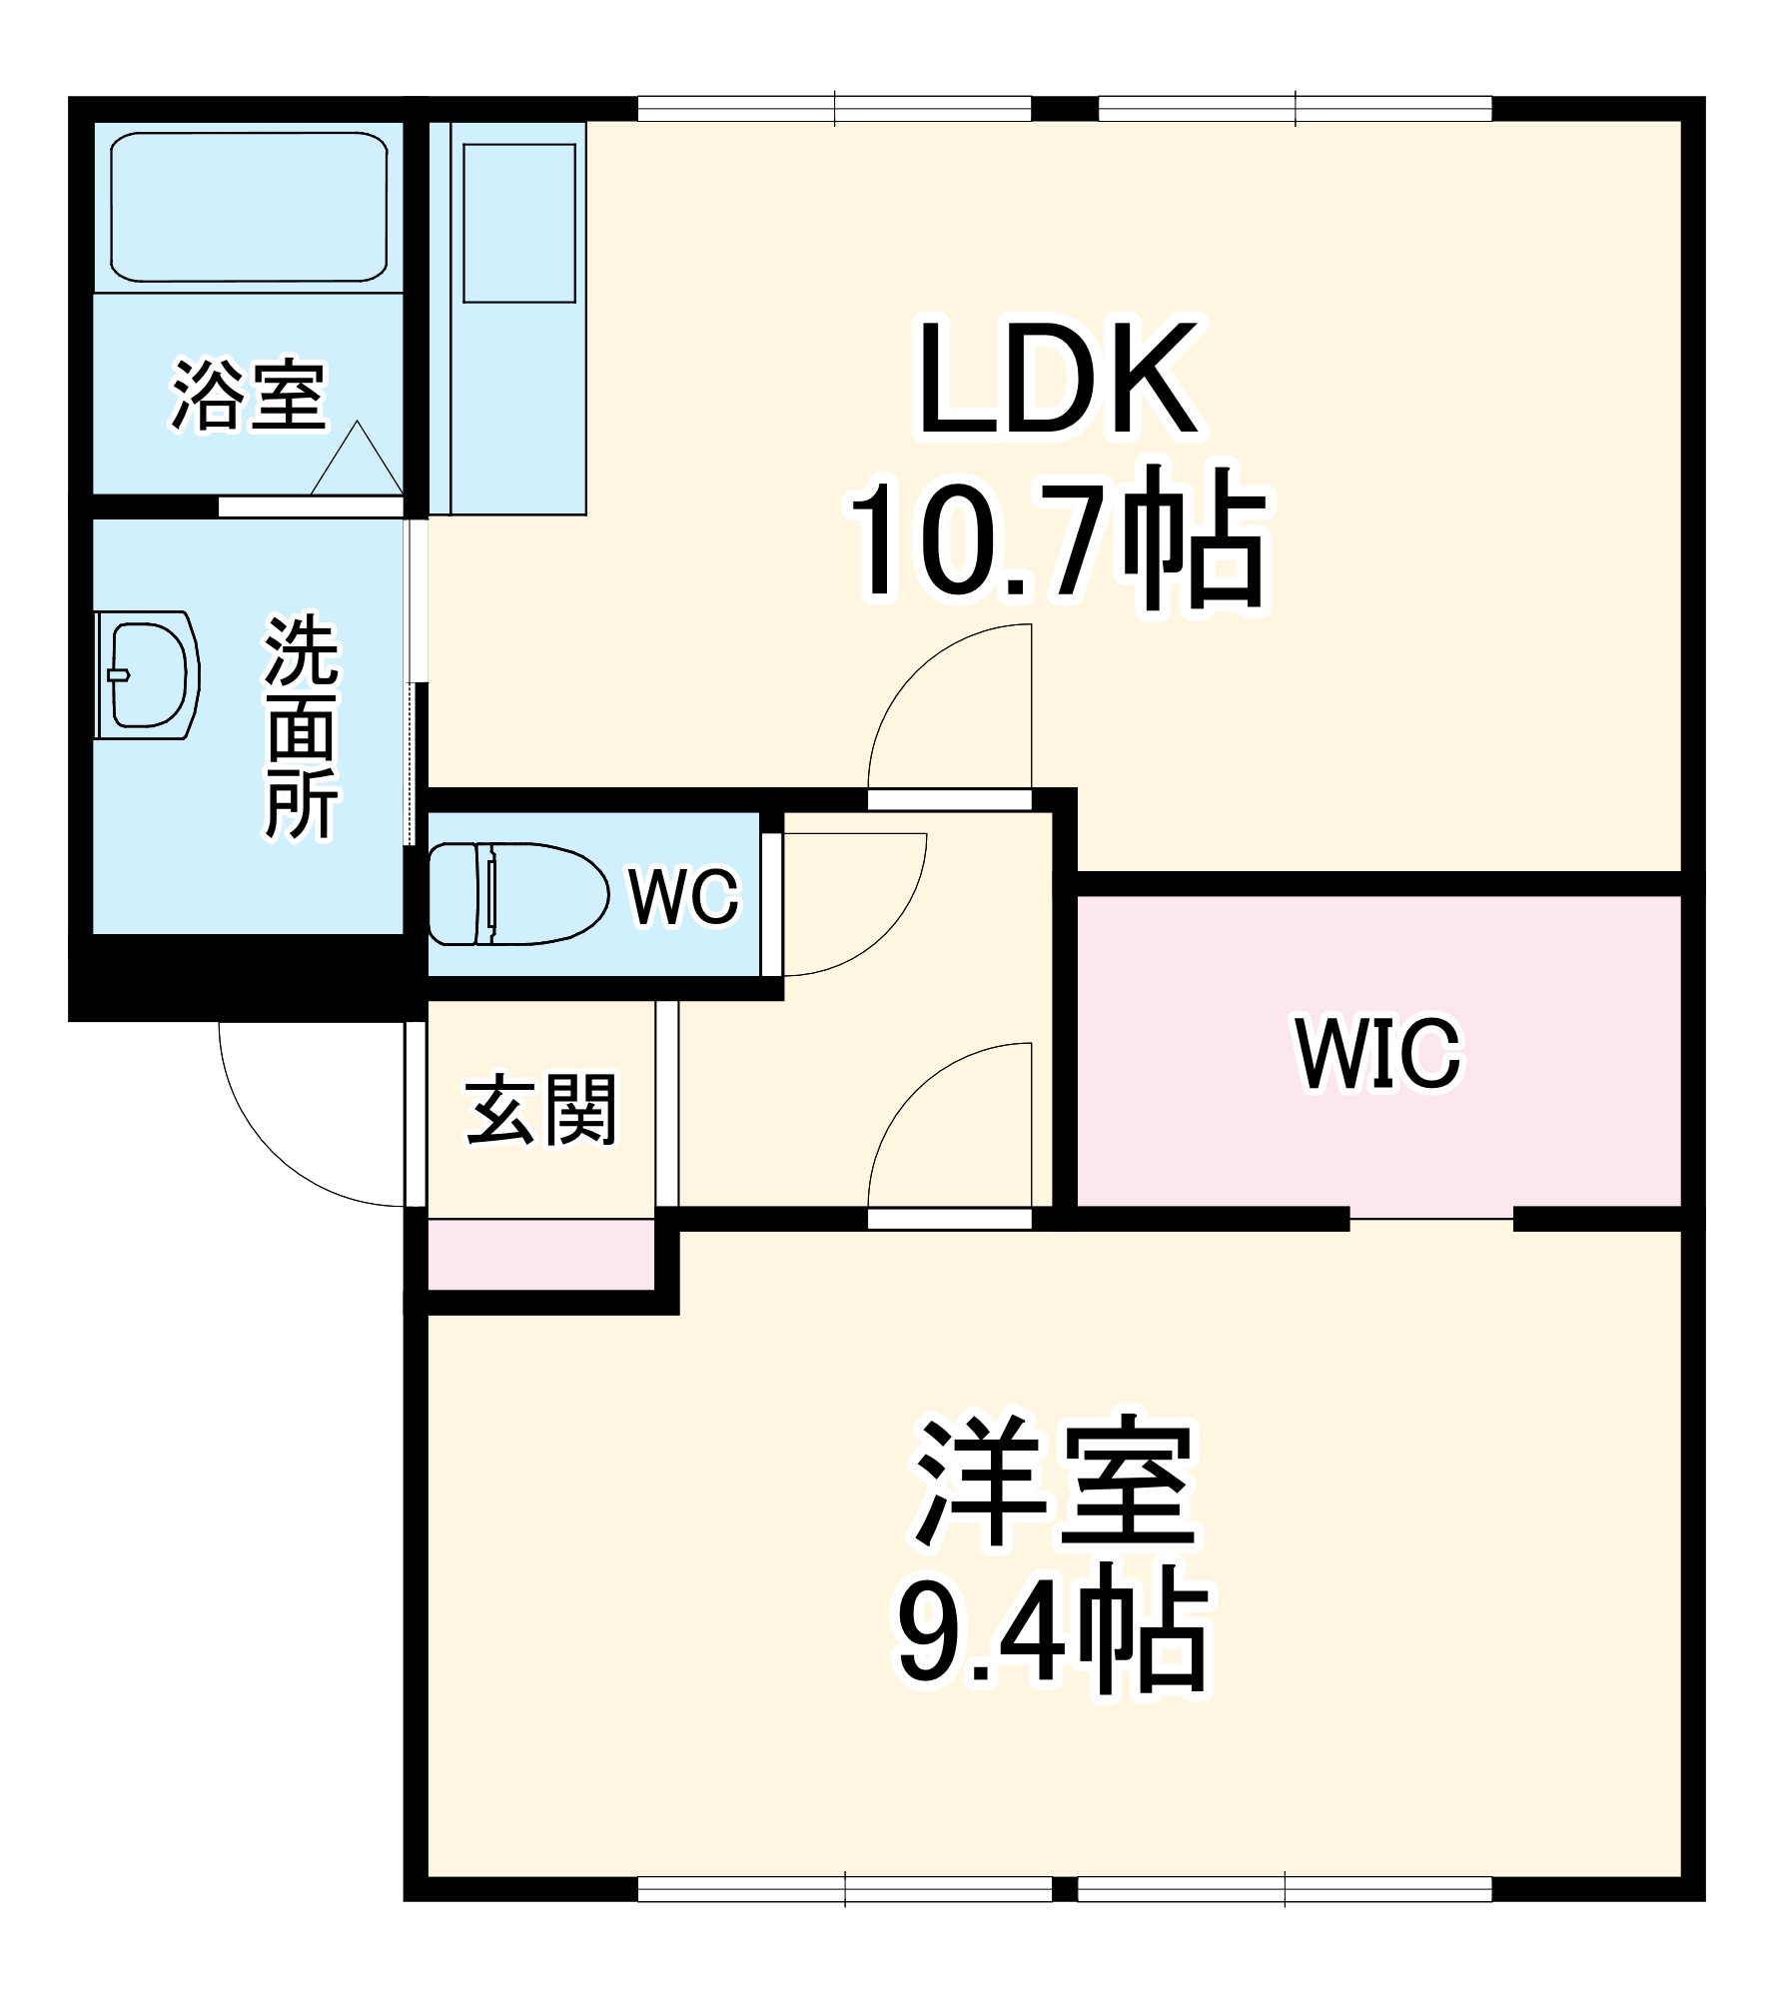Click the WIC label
[x=1378, y=1053]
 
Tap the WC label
[x=684, y=896]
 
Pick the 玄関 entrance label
[x=541, y=1109]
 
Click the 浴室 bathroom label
[x=249, y=395]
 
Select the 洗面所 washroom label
[x=302, y=727]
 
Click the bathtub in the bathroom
[x=249, y=207]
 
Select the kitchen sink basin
[x=519, y=223]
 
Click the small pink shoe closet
[x=541, y=1255]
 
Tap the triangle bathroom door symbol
[x=357, y=462]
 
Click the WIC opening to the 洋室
[x=1431, y=1219]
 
